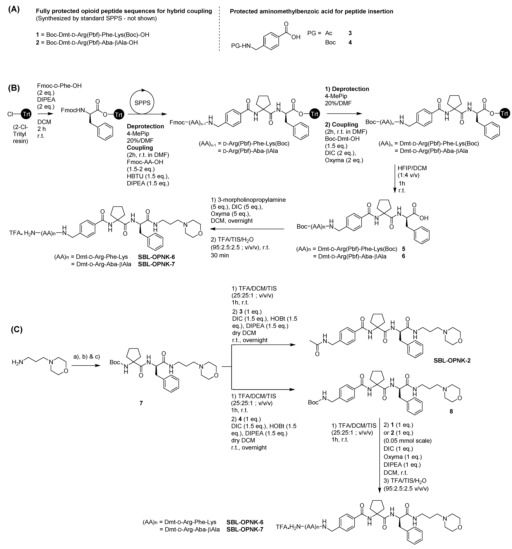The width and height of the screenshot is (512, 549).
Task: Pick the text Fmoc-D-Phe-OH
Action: tap(59, 86)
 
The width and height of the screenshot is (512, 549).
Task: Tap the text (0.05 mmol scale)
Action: tap(407, 441)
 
